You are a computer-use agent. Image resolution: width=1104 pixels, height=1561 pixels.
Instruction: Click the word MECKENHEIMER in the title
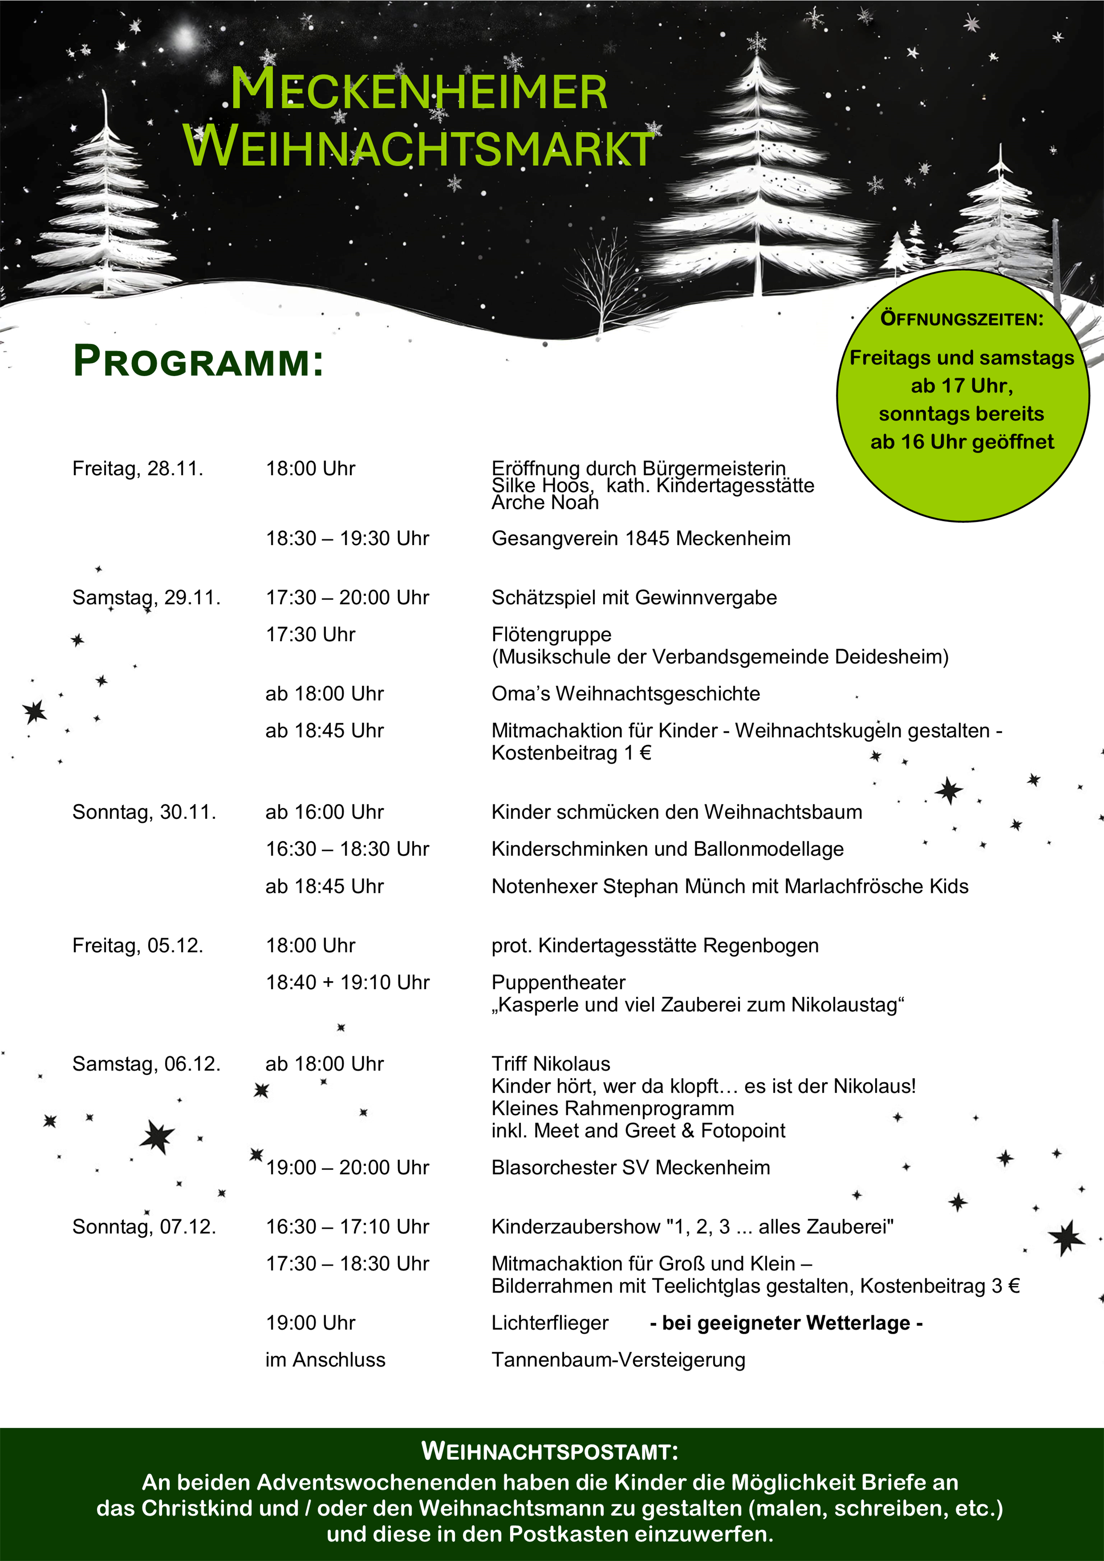coord(418,91)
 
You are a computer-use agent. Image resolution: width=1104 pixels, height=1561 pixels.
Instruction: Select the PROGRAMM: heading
coord(198,361)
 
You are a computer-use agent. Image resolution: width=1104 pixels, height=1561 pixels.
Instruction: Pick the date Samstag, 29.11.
coord(146,597)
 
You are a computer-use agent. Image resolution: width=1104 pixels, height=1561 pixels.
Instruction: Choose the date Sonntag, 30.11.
coord(144,812)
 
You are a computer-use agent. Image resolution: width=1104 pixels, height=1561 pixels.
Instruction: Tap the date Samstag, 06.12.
coord(146,1063)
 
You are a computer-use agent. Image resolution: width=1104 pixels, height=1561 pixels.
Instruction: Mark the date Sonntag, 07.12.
coord(144,1227)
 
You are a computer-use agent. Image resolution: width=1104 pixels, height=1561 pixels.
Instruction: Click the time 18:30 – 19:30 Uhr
coord(347,539)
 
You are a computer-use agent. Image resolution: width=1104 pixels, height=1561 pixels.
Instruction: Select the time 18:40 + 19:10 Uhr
coord(347,982)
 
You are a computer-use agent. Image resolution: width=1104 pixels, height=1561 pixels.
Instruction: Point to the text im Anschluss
coord(325,1360)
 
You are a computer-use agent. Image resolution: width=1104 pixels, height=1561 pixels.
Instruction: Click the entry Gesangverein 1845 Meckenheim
coord(641,539)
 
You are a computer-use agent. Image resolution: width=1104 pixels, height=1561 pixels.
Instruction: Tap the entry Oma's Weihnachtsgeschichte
coord(625,693)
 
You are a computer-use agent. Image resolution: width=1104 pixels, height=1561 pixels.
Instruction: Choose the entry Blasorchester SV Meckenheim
coord(630,1167)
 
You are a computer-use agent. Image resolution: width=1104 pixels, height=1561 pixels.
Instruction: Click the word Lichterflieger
coord(550,1323)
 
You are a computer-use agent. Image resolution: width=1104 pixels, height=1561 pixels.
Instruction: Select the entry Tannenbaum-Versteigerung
coord(618,1360)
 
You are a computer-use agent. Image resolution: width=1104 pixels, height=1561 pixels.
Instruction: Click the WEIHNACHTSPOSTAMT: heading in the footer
coord(550,1452)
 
